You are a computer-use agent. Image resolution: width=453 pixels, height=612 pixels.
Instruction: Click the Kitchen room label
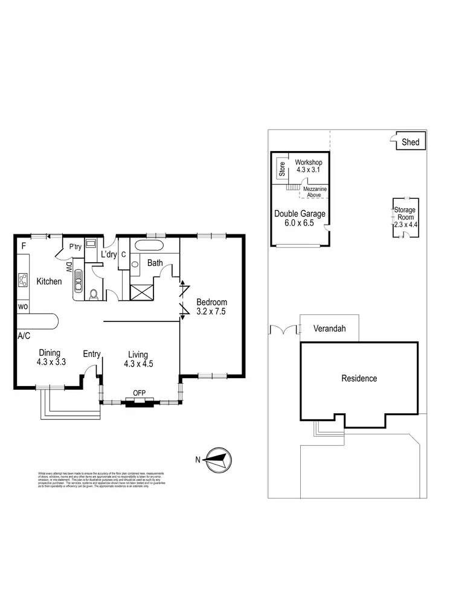point(49,282)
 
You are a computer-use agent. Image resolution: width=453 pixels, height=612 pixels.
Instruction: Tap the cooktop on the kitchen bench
point(24,280)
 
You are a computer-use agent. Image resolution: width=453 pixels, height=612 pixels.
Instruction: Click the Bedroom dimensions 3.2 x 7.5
point(211,312)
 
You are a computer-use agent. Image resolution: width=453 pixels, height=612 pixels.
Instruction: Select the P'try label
point(75,247)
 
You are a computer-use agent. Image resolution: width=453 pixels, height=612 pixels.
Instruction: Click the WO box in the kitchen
point(23,307)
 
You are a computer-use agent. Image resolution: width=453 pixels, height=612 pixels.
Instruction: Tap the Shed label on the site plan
point(411,143)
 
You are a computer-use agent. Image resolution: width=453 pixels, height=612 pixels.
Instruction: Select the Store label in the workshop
point(282,170)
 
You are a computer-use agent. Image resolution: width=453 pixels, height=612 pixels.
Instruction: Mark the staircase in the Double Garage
point(293,188)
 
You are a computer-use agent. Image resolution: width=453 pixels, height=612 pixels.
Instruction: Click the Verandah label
point(329,330)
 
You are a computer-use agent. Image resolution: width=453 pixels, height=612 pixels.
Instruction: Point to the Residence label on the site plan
point(359,378)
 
